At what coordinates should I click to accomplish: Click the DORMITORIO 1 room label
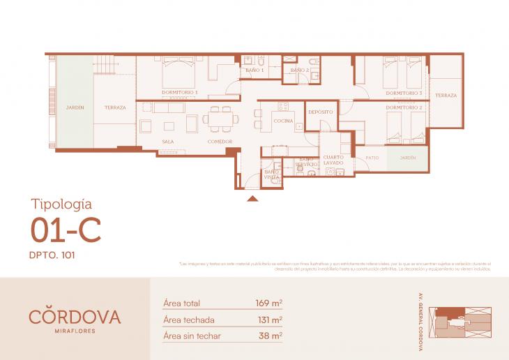click(x=180, y=92)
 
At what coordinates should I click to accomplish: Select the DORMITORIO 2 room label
click(x=404, y=107)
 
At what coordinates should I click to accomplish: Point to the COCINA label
click(x=282, y=121)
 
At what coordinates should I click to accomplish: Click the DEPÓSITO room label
click(x=320, y=112)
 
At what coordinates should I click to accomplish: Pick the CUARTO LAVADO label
click(x=333, y=160)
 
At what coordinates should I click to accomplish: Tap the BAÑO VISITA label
click(x=271, y=174)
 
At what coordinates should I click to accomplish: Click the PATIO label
click(x=372, y=158)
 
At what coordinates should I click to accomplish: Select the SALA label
click(x=168, y=141)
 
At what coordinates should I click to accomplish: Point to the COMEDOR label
click(x=219, y=141)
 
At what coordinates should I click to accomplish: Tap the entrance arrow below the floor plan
click(x=252, y=199)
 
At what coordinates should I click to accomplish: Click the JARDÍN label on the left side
click(x=75, y=107)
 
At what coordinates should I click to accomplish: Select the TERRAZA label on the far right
click(x=446, y=95)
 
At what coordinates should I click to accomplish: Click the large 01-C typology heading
click(x=66, y=230)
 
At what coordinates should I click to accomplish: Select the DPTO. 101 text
click(x=52, y=255)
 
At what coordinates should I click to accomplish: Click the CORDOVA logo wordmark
click(x=75, y=316)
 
